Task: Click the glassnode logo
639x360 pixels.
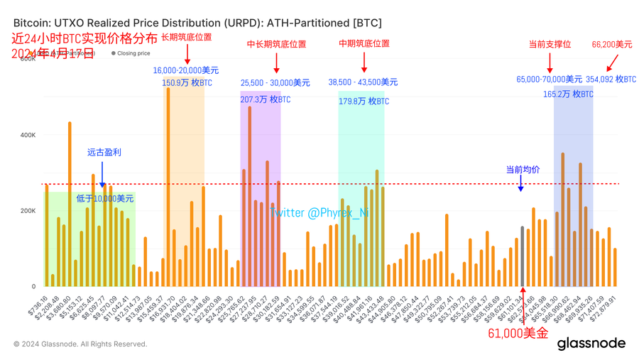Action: tap(591, 344)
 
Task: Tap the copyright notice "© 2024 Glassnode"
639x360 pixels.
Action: tap(80, 344)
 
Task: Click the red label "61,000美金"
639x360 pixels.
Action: tap(518, 333)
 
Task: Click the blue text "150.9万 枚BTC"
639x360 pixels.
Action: tap(187, 83)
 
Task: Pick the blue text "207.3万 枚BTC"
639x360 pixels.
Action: tap(266, 99)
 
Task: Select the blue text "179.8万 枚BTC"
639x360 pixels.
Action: tap(364, 102)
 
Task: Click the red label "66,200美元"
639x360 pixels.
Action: tap(611, 44)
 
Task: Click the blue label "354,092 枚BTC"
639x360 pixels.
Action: tap(610, 80)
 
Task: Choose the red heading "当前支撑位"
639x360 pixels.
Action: tap(550, 44)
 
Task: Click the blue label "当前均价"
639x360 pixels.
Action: tap(523, 170)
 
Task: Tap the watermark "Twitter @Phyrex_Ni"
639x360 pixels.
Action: tap(319, 212)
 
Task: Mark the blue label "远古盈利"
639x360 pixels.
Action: tap(104, 153)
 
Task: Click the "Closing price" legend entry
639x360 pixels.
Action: tap(131, 53)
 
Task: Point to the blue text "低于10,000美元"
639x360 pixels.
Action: tap(104, 199)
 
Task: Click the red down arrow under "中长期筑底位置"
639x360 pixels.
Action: tap(276, 65)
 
